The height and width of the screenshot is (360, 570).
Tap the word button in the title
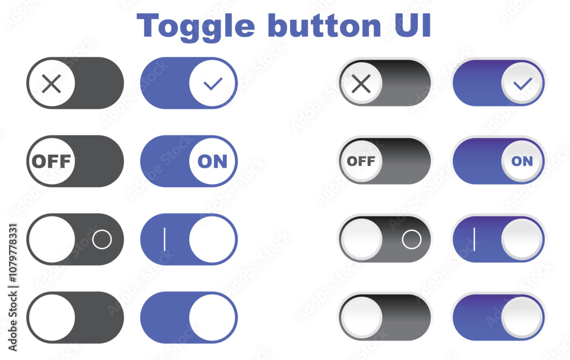[x=325, y=26]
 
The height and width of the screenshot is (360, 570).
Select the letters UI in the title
[x=413, y=26]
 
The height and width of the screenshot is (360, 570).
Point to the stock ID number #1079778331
[x=13, y=253]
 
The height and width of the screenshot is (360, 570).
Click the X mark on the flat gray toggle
[x=51, y=84]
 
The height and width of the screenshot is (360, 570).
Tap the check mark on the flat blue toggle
[x=213, y=84]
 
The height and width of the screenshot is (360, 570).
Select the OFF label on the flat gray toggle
[x=51, y=161]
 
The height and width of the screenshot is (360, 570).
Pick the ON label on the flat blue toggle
[x=213, y=161]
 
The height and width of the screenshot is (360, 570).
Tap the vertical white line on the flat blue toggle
[x=165, y=239]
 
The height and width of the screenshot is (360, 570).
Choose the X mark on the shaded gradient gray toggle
[x=361, y=84]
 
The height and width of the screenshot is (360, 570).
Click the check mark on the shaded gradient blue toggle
[x=522, y=84]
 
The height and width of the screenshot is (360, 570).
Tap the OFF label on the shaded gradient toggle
[x=361, y=161]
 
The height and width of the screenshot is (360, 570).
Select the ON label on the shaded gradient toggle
[x=522, y=161]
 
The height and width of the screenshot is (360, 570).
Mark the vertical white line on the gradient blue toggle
[x=474, y=239]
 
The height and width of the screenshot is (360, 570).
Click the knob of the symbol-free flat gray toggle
[x=52, y=317]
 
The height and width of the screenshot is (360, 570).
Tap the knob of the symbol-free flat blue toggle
[x=213, y=317]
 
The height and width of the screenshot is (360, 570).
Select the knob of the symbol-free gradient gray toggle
[x=361, y=317]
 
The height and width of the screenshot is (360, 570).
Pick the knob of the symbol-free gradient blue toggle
[x=522, y=317]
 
